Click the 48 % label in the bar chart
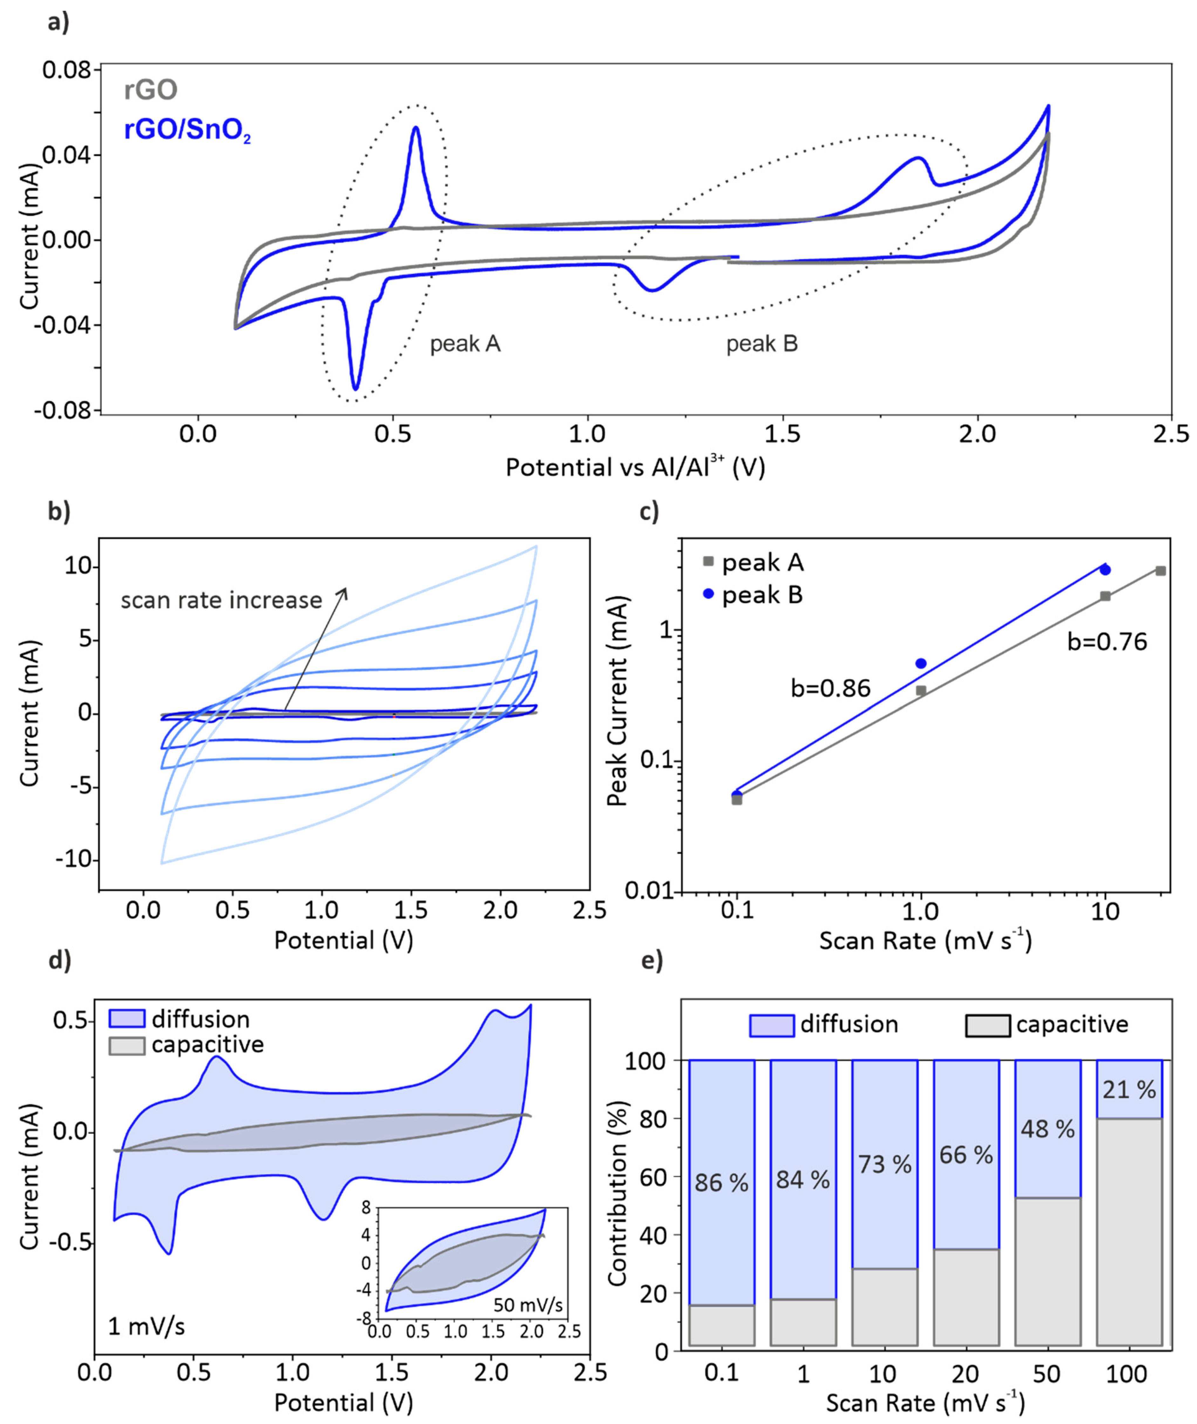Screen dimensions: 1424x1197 (1047, 1129)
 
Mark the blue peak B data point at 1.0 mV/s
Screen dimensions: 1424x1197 (921, 663)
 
